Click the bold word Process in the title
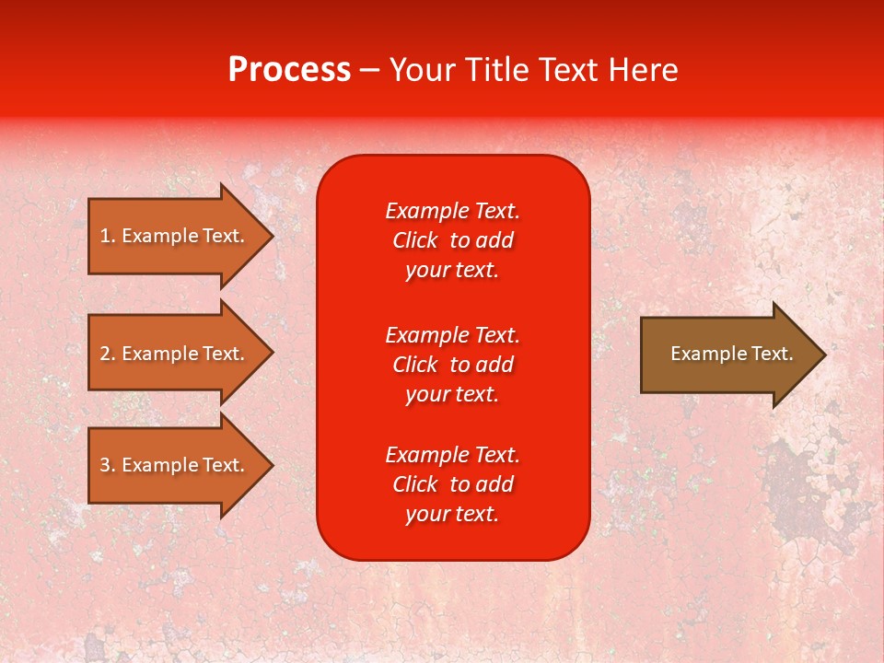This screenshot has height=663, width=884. click(x=289, y=70)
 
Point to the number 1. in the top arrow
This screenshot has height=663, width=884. click(x=108, y=236)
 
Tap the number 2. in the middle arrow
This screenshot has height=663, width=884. click(x=108, y=354)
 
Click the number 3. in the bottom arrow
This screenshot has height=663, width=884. click(x=108, y=465)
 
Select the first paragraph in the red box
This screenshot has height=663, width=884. click(x=452, y=240)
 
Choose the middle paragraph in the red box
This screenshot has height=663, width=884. click(x=452, y=365)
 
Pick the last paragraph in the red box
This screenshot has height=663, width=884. click(x=452, y=484)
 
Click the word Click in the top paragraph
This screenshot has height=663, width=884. click(x=414, y=240)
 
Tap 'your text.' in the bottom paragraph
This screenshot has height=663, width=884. click(x=452, y=515)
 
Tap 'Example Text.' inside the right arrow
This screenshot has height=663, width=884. click(x=731, y=354)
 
